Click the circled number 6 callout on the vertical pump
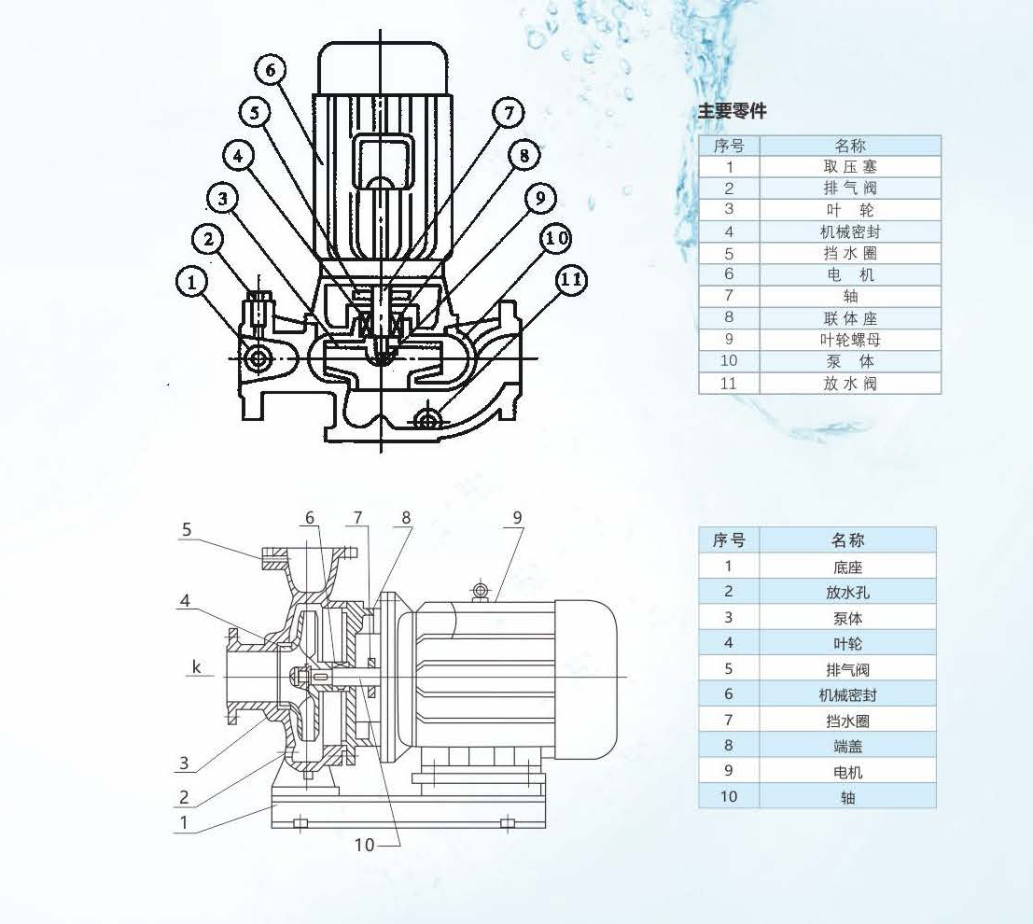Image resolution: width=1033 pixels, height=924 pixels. coord(269,70)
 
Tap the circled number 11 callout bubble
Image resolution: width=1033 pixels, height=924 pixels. coord(572,280)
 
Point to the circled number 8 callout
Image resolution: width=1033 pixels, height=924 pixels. coord(524,155)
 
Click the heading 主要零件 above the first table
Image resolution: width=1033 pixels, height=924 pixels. coord(732,111)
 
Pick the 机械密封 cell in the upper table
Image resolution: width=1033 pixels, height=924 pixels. coord(849,231)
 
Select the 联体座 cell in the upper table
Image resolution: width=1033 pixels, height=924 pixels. coord(849,318)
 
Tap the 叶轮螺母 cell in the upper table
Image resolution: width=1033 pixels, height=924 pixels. coord(849,340)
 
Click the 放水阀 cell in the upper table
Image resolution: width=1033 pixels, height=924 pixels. coord(849,383)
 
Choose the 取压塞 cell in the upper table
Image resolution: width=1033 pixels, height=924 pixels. coord(849,167)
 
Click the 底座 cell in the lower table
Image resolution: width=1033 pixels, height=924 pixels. coord(847,567)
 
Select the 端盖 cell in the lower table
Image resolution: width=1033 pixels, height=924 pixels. coord(847,746)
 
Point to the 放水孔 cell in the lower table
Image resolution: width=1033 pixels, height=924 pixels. coord(847,592)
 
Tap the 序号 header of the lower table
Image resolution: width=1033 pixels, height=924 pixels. coord(729,540)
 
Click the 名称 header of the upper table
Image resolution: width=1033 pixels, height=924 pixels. coord(849,146)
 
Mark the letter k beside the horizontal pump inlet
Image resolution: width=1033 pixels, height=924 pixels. coord(197,666)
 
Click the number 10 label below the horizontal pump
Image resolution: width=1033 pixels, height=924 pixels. coord(364,845)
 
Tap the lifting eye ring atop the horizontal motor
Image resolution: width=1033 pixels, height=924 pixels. coord(481,590)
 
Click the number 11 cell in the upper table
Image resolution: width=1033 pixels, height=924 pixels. coord(729,383)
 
